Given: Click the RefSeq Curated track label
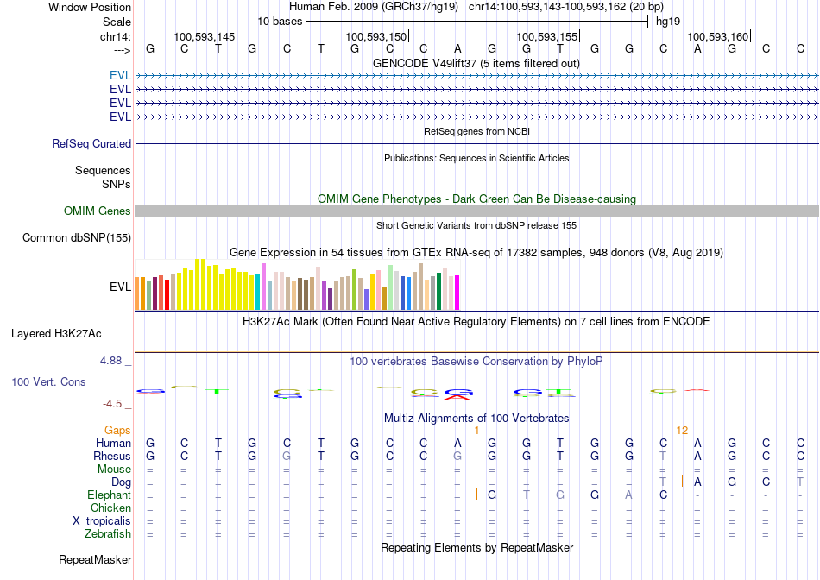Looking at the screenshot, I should tap(91, 144).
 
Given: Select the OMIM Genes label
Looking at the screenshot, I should tap(98, 211).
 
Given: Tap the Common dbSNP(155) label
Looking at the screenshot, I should tap(77, 238).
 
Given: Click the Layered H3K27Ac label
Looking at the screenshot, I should tap(56, 333).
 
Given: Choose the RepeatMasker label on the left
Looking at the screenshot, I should tap(95, 560).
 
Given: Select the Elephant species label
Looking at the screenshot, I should tap(109, 495).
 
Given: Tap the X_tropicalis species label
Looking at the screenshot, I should tap(102, 521).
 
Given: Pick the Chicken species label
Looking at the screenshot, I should tap(110, 508).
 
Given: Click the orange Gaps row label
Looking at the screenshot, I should tap(117, 430).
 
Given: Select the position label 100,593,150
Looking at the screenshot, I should tap(375, 37).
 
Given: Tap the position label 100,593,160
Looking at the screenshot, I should tap(717, 37).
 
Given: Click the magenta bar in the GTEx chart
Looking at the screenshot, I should tap(457, 292).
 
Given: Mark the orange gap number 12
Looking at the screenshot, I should tap(682, 430).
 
